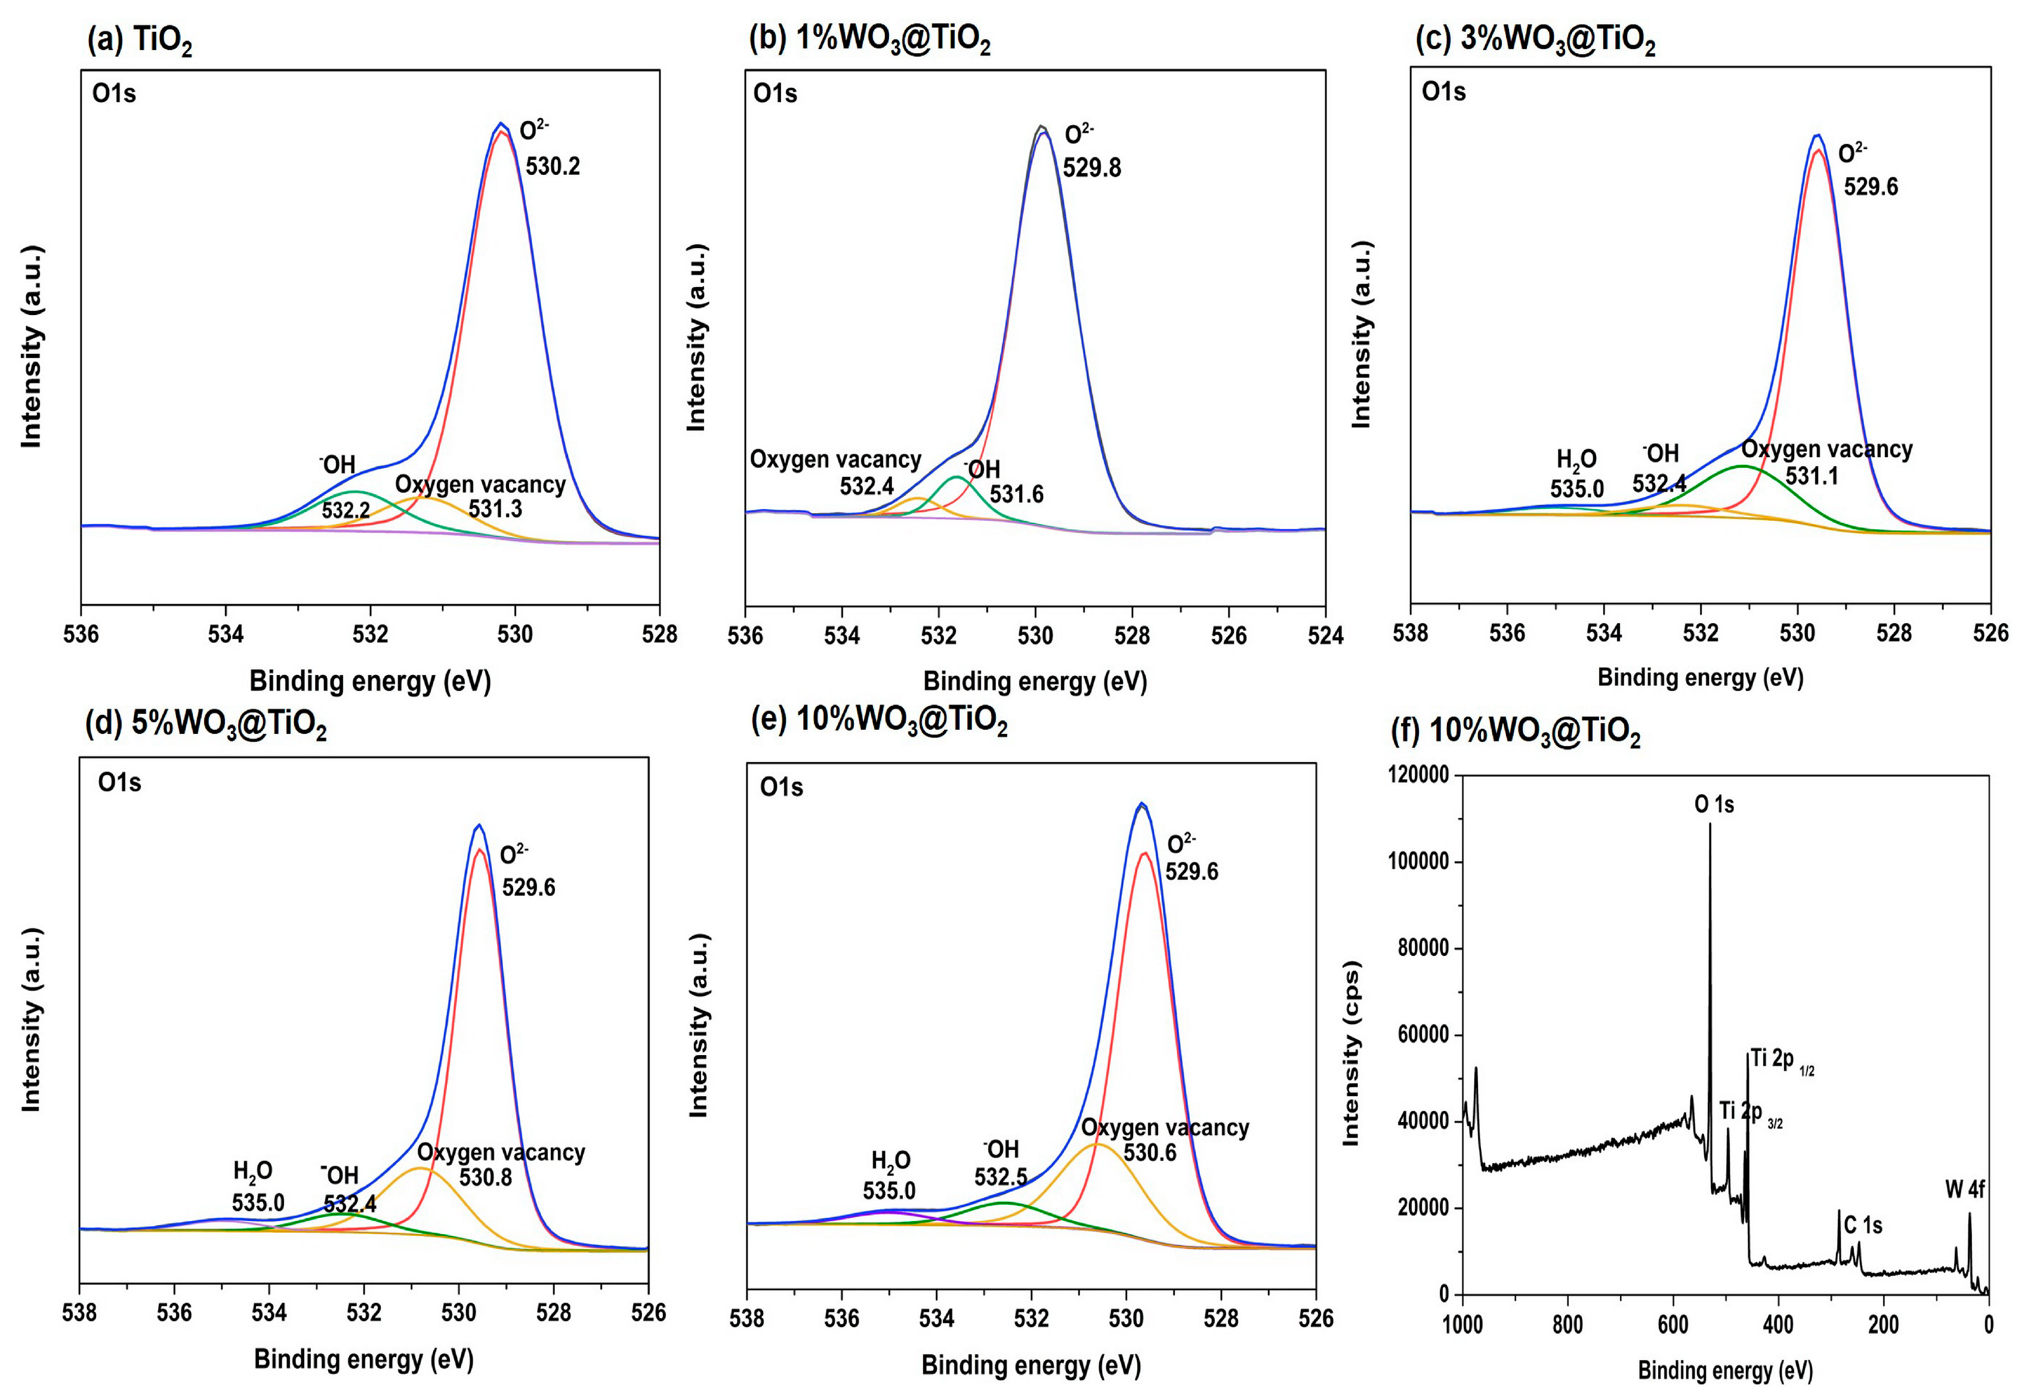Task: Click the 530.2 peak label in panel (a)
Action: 552,166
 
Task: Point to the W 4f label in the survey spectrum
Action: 1965,1189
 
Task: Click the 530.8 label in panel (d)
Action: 486,1177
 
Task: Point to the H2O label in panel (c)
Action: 1575,460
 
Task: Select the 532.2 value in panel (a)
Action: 345,510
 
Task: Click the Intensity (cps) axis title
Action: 1350,1054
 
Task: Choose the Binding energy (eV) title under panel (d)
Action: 363,1359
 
